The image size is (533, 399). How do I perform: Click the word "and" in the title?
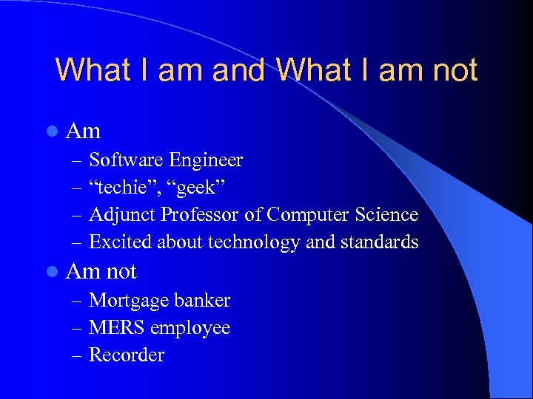point(238,70)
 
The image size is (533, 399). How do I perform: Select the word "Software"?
point(127,160)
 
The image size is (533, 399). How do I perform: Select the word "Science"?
point(386,215)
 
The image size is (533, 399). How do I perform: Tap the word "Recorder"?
point(127,355)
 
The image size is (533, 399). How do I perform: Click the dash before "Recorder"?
point(78,356)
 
